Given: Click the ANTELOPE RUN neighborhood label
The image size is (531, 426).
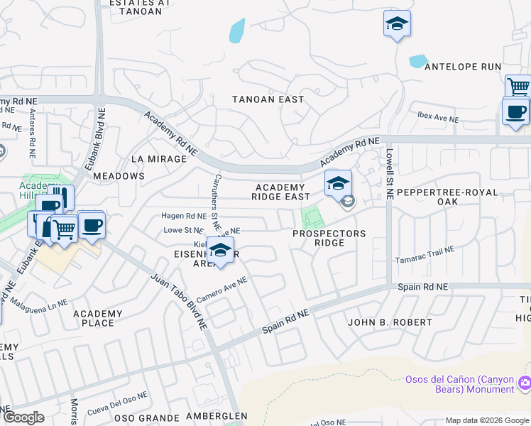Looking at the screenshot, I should click(462, 67).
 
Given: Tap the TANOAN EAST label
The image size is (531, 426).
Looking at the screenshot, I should click(268, 99).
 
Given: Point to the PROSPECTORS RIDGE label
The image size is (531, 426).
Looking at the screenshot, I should click(330, 238).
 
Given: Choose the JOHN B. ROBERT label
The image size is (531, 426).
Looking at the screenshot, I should click(390, 322).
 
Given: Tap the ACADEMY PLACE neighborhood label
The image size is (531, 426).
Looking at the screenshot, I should click(98, 318).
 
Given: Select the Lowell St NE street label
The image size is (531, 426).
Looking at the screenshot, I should click(389, 174).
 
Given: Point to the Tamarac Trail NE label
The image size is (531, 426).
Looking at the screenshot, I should click(425, 255).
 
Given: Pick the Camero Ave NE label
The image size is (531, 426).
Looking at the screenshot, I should click(221, 290).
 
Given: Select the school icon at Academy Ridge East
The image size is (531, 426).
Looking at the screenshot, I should click(338, 183).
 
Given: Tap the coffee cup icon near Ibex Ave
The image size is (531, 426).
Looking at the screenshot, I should click(515, 111).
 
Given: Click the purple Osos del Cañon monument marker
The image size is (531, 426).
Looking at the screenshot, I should click(525, 383).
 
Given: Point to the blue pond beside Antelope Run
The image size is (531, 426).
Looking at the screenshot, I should click(418, 61).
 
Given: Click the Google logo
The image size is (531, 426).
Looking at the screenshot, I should click(24, 417).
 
